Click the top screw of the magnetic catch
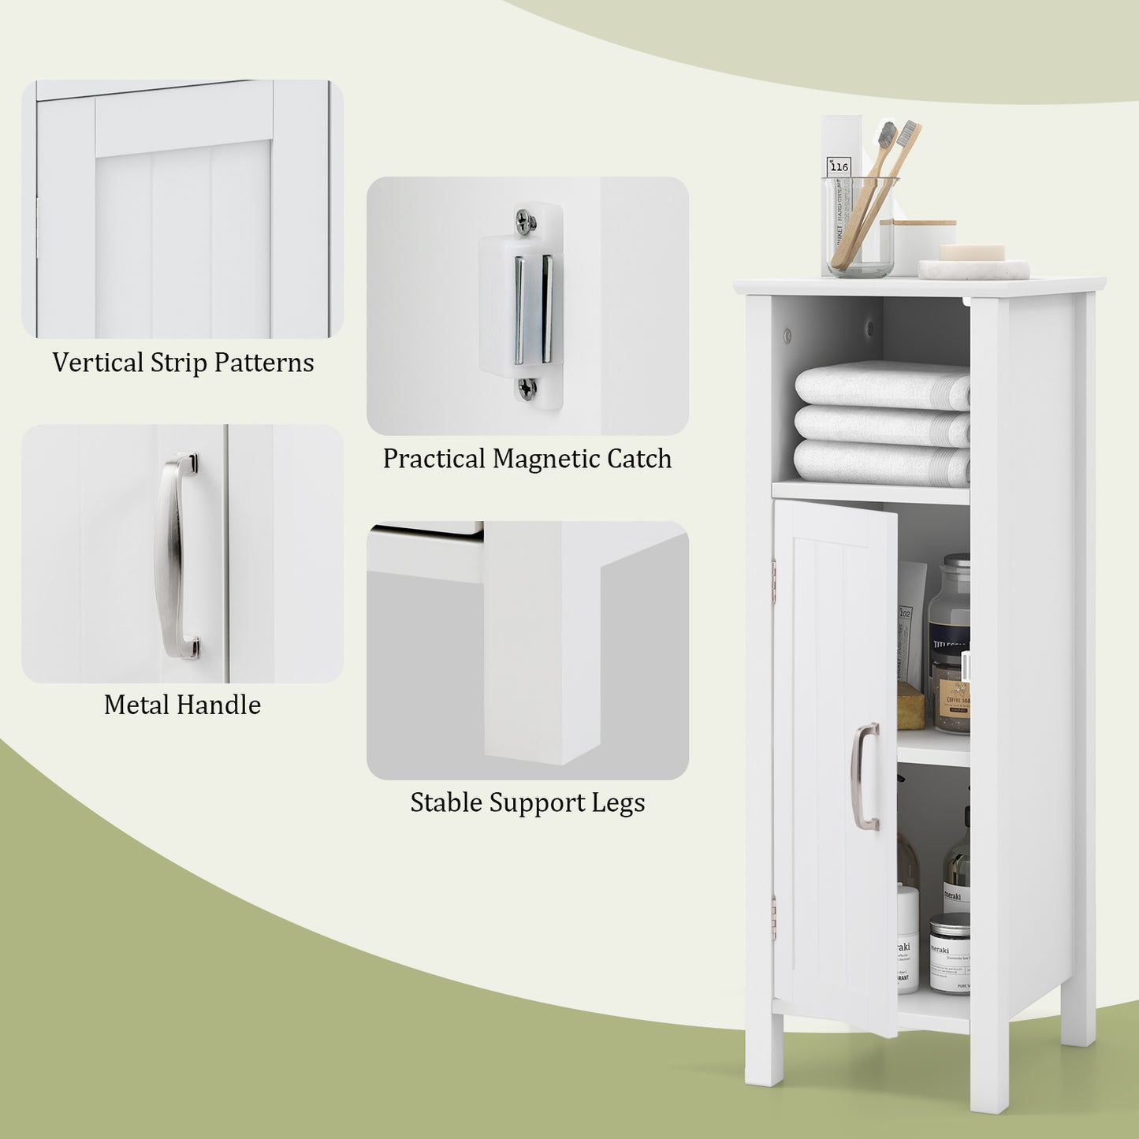tap(525, 221)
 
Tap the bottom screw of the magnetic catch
tap(527, 387)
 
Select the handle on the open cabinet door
tap(865, 776)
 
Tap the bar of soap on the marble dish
tap(971, 253)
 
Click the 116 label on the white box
tap(839, 166)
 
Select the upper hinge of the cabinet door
tap(774, 571)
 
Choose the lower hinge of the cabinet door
tap(774, 917)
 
